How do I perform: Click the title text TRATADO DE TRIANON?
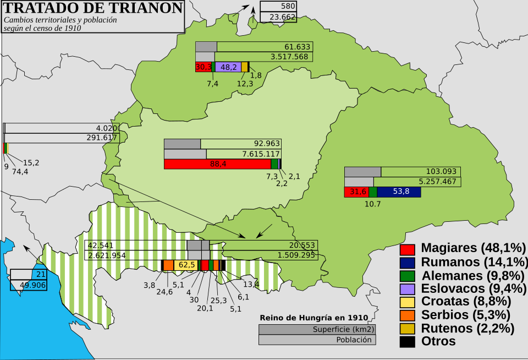pyautogui.click(x=94, y=8)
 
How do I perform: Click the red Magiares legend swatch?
pyautogui.click(x=407, y=248)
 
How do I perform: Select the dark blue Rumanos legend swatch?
pyautogui.click(x=407, y=261)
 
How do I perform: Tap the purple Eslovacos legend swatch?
pyautogui.click(x=407, y=288)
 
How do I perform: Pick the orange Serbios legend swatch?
pyautogui.click(x=407, y=315)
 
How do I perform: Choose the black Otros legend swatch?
pyautogui.click(x=407, y=341)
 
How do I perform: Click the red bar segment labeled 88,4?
pyautogui.click(x=217, y=164)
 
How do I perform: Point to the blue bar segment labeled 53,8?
pyautogui.click(x=399, y=192)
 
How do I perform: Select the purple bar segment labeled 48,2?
pyautogui.click(x=228, y=67)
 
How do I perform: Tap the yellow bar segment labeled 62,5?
pyautogui.click(x=186, y=265)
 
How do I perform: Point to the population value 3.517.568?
pyautogui.click(x=289, y=57)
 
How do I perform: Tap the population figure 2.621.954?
pyautogui.click(x=107, y=255)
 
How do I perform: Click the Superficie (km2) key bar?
pyautogui.click(x=317, y=329)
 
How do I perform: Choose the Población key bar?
pyautogui.click(x=317, y=340)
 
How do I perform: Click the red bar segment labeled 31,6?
pyautogui.click(x=356, y=192)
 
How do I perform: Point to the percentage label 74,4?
pyautogui.click(x=20, y=171)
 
